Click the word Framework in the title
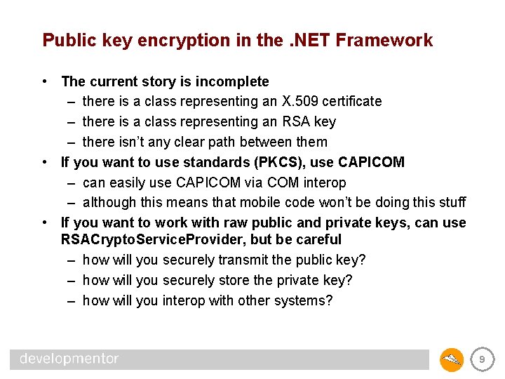pyautogui.click(x=384, y=41)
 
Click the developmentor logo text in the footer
pyautogui.click(x=69, y=359)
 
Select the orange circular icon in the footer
pyautogui.click(x=452, y=359)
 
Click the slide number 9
pyautogui.click(x=481, y=359)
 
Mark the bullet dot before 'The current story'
pyautogui.click(x=45, y=81)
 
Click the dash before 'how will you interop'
pyautogui.click(x=72, y=300)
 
